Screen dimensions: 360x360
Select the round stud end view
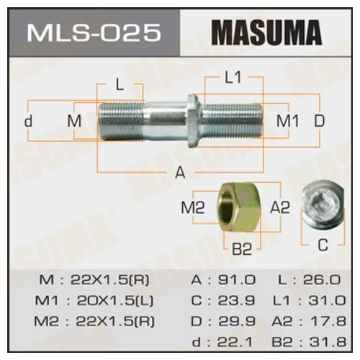point(322,205)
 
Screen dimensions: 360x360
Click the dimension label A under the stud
point(180,173)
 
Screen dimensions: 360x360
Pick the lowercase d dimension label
point(29,120)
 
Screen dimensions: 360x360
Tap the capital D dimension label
point(319,120)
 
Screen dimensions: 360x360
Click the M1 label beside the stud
point(289,120)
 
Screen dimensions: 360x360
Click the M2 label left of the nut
point(193,207)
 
